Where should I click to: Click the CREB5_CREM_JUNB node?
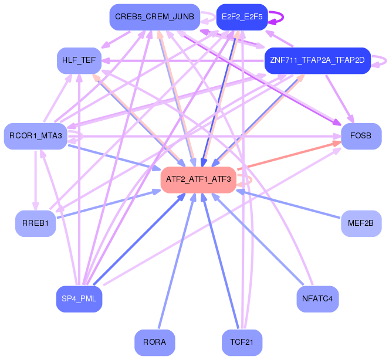[x=154, y=17]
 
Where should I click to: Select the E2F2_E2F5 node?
[x=242, y=17]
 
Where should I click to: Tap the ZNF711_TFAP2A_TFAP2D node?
[x=317, y=60]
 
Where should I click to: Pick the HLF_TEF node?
[x=79, y=60]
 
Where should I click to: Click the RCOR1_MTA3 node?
[x=35, y=136]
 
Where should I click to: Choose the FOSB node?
[x=361, y=136]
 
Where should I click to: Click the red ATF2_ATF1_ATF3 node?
[x=198, y=179]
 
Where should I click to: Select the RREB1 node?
[x=35, y=223]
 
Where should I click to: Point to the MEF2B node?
[x=361, y=223]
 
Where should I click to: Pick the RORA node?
[x=154, y=342]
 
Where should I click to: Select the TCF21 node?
[x=242, y=342]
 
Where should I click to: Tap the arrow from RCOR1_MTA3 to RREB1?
[x=36, y=182]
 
